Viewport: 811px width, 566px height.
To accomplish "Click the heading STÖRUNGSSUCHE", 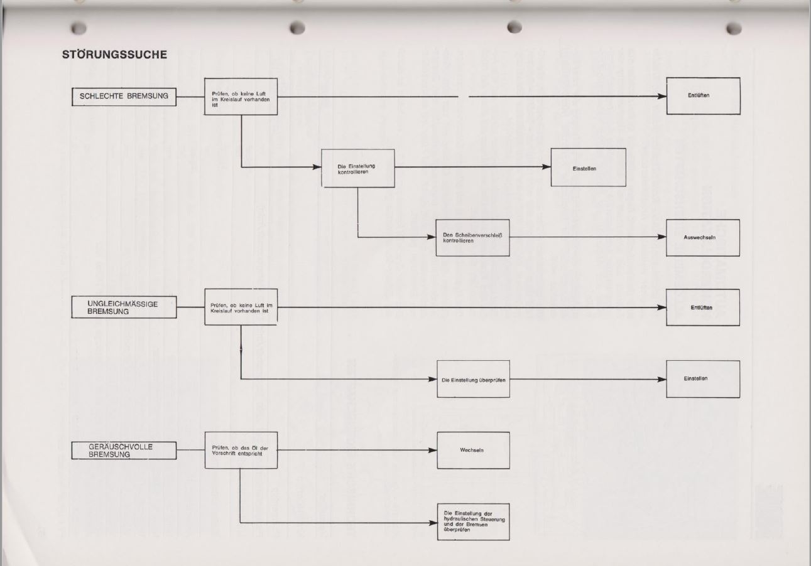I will coord(114,55).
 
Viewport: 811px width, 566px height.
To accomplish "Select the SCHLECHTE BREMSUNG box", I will coord(124,96).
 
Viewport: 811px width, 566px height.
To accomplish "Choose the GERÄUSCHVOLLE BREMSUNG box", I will coord(124,450).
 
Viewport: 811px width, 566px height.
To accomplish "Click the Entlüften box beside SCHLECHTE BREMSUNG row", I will coord(703,96).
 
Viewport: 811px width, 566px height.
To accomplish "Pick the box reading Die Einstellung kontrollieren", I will coord(358,168).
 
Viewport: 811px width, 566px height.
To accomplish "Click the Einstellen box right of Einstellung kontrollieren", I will coord(588,168).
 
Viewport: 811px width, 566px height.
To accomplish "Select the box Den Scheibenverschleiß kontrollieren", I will coord(472,238).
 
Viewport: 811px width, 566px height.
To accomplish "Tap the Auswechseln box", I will coord(703,238).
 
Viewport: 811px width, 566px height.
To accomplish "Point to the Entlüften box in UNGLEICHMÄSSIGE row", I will coord(703,307).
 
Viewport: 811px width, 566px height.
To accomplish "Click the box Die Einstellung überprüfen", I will coord(472,379).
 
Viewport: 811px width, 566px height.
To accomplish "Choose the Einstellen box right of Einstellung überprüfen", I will coord(703,379).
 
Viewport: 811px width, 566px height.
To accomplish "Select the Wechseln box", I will coord(472,450).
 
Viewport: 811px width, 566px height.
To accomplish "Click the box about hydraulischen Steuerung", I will coord(472,521).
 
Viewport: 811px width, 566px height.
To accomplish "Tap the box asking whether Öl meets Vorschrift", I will coord(241,450).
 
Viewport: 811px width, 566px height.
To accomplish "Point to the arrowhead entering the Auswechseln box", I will coord(661,238).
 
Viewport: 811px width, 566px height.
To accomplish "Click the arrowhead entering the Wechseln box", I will coord(432,450).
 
